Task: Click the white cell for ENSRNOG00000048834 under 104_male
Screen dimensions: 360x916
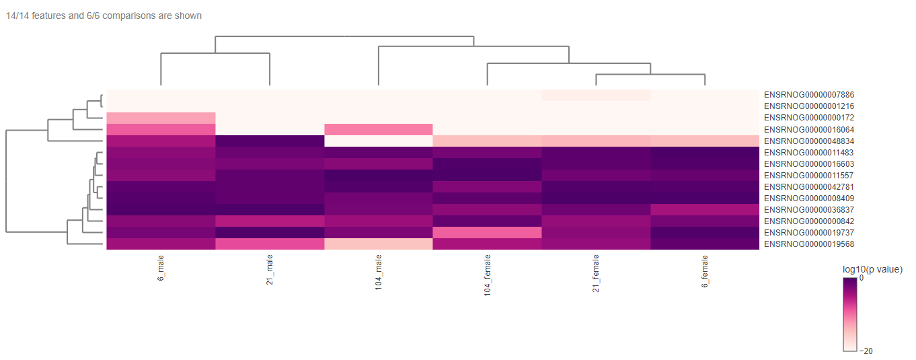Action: coord(379,141)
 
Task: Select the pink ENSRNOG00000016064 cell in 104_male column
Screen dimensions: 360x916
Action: coord(379,129)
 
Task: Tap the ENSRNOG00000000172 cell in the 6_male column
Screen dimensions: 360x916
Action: coord(161,118)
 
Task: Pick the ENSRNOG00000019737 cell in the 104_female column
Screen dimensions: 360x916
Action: coord(488,232)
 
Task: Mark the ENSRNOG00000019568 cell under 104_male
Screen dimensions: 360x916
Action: coord(379,244)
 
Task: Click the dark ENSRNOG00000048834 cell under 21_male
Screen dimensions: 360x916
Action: coord(270,141)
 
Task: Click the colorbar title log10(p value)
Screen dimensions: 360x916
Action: coord(872,269)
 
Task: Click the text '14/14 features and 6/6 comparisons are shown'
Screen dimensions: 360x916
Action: coord(104,15)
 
